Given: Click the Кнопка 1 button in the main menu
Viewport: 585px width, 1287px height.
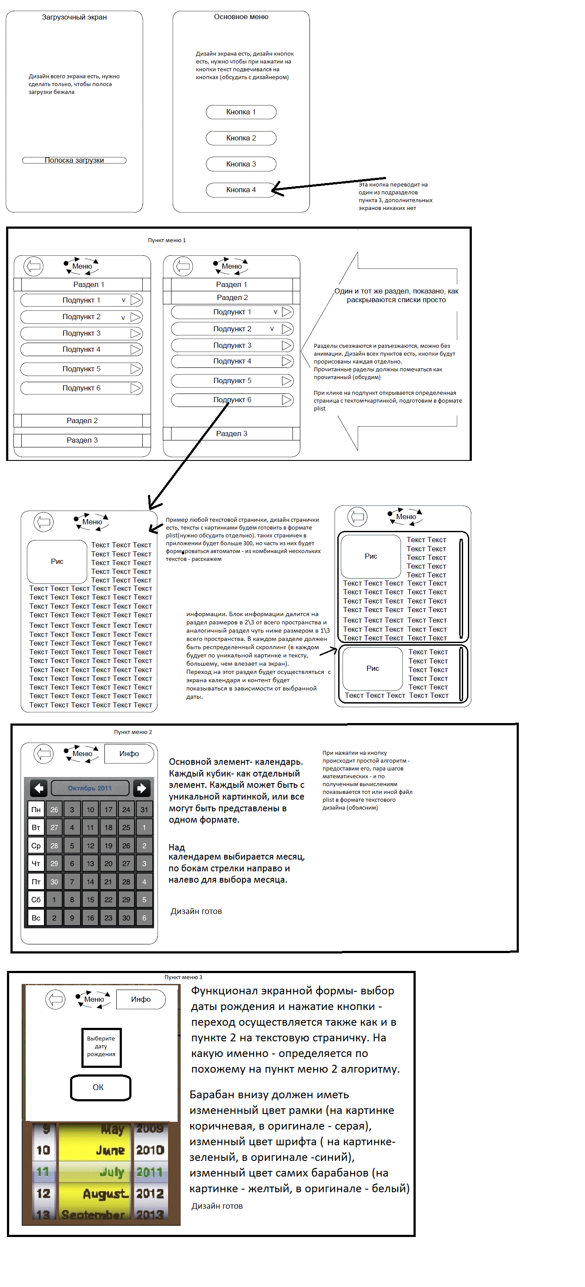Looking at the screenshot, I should [241, 112].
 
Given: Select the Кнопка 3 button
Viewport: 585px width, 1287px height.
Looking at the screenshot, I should [241, 164].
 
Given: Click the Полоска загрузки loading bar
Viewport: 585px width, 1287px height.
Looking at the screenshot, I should [74, 160].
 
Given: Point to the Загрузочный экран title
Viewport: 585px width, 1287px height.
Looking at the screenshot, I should [74, 17].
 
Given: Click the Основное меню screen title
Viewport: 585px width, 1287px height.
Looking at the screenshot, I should [241, 17].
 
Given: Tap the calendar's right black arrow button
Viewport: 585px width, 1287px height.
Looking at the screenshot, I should [141, 788].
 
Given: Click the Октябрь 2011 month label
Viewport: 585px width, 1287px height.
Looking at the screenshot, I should [90, 788].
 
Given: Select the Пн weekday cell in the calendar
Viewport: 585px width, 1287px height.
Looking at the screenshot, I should [36, 809].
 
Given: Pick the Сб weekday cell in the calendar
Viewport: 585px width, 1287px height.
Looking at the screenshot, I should [36, 900].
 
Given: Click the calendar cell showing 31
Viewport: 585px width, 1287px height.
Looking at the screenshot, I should [144, 809].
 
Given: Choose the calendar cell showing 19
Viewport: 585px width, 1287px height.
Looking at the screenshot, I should [108, 846].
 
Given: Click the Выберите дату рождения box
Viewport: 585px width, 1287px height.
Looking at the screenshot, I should [101, 1046].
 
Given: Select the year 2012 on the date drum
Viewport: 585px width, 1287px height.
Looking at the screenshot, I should [150, 1194].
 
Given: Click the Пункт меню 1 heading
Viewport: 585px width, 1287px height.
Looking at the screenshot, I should [167, 240].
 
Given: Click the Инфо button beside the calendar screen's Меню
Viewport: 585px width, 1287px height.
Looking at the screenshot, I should [129, 754].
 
